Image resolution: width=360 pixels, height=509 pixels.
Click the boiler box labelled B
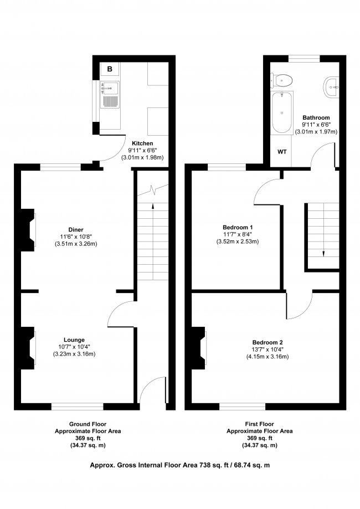(110, 69)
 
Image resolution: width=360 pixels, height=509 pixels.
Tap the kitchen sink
(110, 95)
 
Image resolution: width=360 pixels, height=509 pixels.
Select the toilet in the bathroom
(281, 80)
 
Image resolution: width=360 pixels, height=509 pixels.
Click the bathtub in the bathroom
(282, 112)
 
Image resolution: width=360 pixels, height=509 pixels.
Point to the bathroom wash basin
(331, 86)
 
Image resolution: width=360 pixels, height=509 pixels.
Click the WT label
(282, 152)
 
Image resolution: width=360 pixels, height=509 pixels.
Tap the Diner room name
(76, 230)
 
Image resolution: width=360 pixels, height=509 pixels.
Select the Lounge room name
(74, 340)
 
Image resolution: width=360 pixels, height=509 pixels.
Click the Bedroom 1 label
(238, 227)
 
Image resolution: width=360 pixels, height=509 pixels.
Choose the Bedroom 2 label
(268, 342)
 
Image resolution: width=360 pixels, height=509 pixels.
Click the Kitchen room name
(142, 143)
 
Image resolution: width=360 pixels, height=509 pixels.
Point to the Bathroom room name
(316, 117)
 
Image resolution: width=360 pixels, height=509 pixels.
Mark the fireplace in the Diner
(28, 230)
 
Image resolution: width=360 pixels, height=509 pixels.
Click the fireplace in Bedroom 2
(199, 348)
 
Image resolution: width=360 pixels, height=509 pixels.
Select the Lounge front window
(77, 407)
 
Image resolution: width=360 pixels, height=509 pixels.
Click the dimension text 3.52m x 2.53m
(238, 241)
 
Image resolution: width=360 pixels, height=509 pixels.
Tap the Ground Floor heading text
(88, 424)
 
